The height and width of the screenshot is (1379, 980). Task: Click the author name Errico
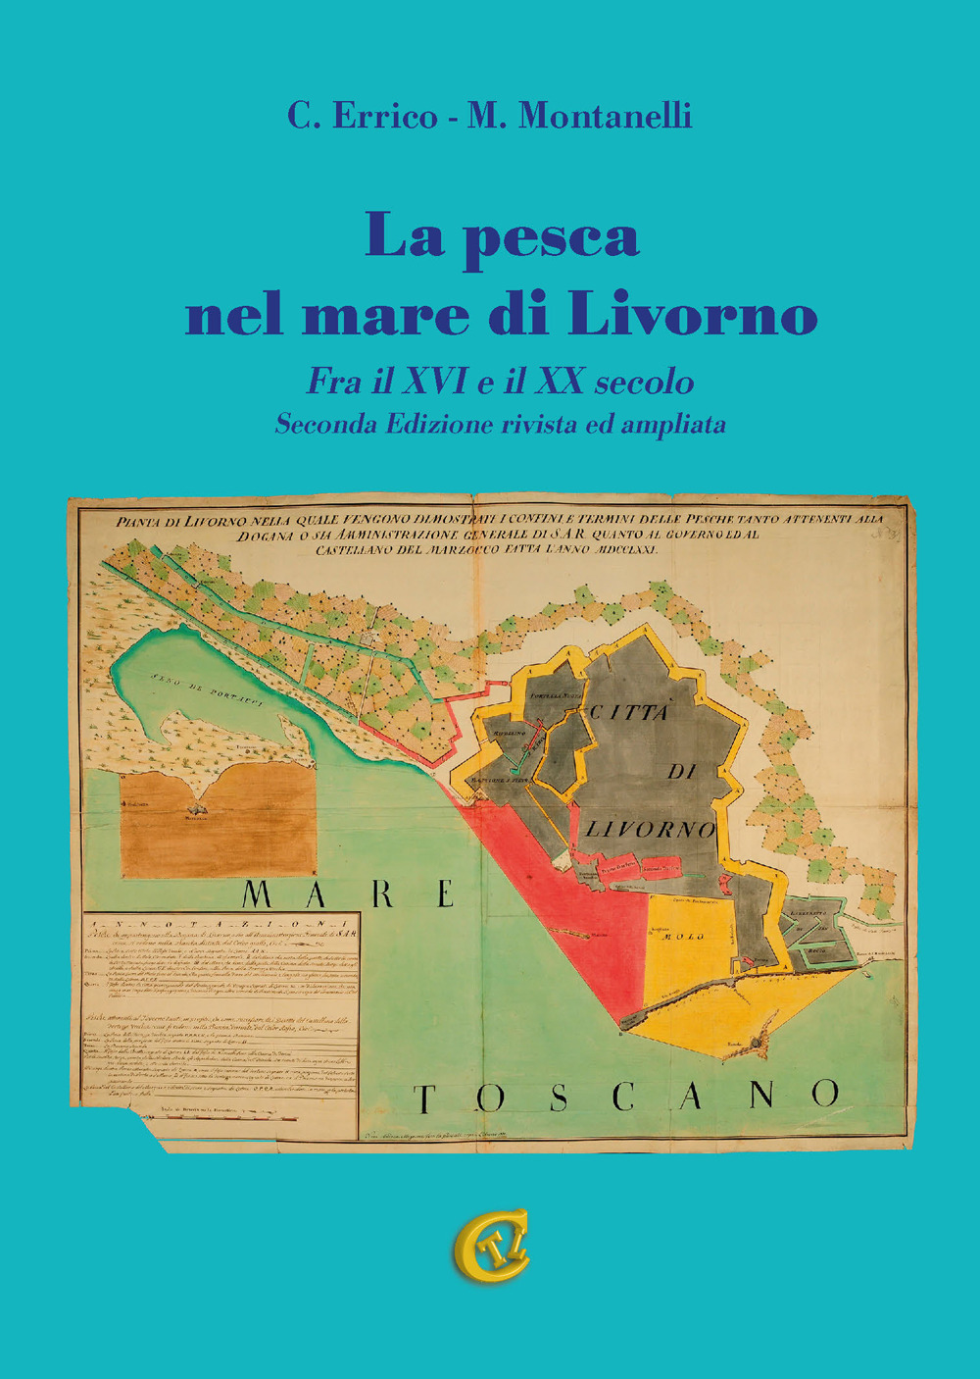(x=386, y=116)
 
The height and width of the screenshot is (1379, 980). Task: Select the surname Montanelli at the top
(x=606, y=116)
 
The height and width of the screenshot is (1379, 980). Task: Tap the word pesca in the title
(x=553, y=238)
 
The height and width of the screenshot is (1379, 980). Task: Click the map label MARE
(x=348, y=894)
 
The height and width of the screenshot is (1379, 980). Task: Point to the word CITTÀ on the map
(x=628, y=713)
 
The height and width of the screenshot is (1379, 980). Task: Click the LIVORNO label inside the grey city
(x=650, y=830)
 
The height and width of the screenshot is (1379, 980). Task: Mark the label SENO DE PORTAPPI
(x=205, y=684)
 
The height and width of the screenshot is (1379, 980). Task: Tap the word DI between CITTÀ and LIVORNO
(x=681, y=772)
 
